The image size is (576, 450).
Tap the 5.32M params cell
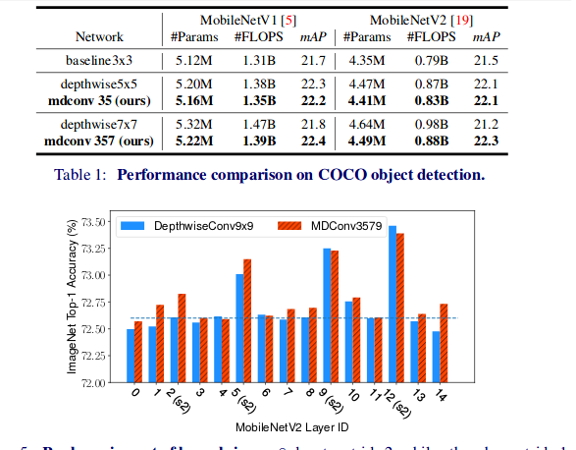click(196, 127)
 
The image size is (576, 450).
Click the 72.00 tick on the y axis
click(92, 382)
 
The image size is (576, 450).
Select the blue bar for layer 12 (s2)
click(393, 304)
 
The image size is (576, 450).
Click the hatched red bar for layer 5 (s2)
click(247, 320)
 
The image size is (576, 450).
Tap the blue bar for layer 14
click(435, 357)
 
